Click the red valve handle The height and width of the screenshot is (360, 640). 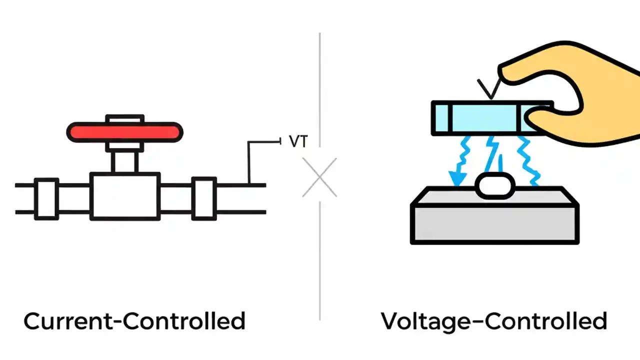click(124, 132)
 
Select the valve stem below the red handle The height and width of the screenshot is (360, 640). click(124, 161)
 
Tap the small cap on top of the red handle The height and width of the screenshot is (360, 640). click(124, 119)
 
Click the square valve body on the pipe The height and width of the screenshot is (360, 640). click(124, 196)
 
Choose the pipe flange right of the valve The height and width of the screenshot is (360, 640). click(204, 198)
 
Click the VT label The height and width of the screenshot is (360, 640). click(298, 141)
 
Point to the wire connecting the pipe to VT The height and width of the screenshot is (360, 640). click(249, 160)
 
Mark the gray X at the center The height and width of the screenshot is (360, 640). click(319, 177)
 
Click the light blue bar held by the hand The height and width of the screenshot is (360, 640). click(485, 118)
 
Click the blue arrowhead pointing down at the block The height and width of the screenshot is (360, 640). click(456, 178)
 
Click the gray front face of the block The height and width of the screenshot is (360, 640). click(494, 223)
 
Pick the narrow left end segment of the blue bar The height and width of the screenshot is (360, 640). click(442, 118)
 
